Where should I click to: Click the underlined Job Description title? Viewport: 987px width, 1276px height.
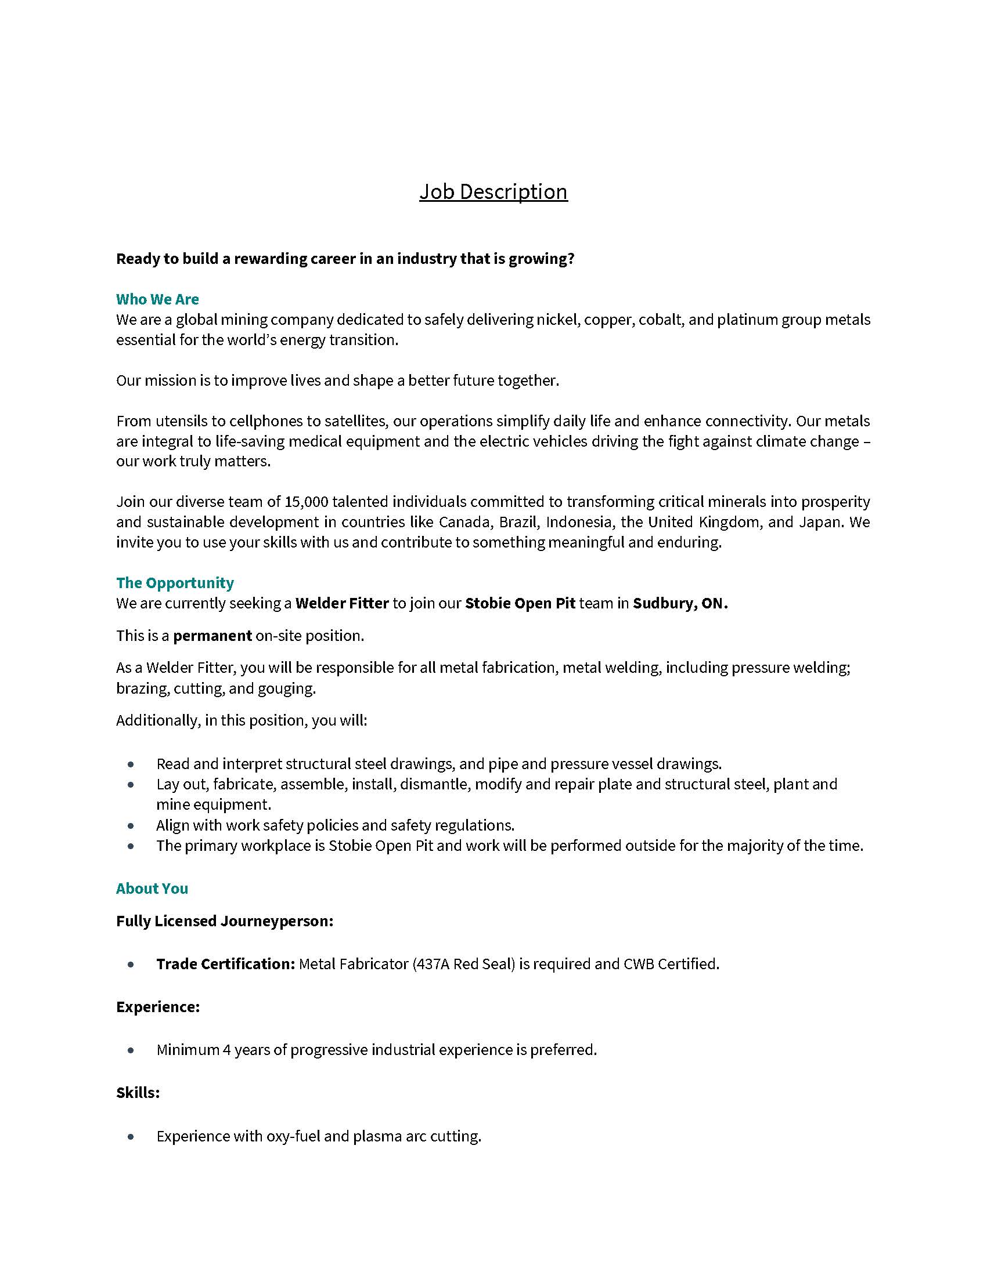[493, 191]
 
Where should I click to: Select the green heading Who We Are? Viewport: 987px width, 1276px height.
[157, 299]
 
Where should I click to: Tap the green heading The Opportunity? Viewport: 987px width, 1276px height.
[175, 582]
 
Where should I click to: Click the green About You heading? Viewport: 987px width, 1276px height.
[152, 889]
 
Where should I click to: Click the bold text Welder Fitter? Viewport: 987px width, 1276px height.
[342, 603]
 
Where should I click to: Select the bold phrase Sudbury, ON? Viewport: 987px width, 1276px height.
[680, 603]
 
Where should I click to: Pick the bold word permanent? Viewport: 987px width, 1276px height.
[212, 636]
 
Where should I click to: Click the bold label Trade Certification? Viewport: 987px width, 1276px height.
[226, 964]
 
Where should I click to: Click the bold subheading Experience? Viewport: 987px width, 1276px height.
[158, 1007]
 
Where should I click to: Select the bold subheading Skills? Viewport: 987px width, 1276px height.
[138, 1093]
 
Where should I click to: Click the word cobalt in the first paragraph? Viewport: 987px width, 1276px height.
[661, 320]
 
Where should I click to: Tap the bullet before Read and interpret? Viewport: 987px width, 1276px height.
[131, 764]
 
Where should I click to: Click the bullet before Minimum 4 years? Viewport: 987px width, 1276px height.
[131, 1050]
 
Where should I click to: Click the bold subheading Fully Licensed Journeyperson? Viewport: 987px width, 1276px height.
[225, 922]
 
